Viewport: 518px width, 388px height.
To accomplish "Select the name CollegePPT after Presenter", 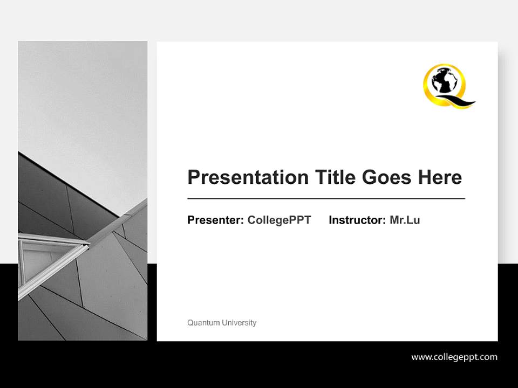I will coord(279,220).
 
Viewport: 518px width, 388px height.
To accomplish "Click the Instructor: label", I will coord(357,220).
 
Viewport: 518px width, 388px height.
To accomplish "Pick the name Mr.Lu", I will coord(405,220).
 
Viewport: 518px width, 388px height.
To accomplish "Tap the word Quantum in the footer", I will coord(203,323).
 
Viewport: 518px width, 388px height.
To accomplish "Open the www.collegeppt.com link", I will coord(454,357).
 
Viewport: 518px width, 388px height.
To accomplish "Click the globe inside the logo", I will coord(445,81).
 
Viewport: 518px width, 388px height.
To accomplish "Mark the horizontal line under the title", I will coord(326,199).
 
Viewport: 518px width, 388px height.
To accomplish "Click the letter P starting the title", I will coord(193,177).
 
